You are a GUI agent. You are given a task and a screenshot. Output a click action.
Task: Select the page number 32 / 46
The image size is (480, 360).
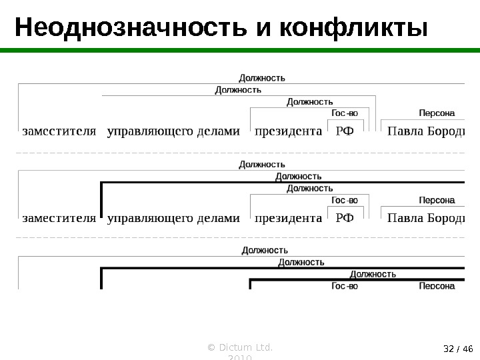click(457, 348)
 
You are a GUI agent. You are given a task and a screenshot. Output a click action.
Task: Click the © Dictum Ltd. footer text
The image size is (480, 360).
click(241, 348)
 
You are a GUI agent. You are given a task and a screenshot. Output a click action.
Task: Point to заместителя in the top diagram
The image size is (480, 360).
click(59, 131)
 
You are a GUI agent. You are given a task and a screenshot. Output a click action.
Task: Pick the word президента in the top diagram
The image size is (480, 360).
click(288, 131)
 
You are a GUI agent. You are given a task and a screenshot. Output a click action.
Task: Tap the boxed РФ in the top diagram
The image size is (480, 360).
click(345, 131)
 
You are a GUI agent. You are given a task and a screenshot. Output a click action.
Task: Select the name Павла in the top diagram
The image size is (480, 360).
click(404, 131)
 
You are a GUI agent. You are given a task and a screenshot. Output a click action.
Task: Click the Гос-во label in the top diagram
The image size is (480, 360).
click(345, 113)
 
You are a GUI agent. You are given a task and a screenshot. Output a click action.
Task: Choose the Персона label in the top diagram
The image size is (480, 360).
click(437, 113)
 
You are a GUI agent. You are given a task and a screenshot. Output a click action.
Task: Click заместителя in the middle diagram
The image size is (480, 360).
click(59, 217)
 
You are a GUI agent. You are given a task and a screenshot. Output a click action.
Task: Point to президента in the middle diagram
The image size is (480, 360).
click(288, 217)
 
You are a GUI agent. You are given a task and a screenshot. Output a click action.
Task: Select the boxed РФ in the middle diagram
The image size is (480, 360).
click(345, 217)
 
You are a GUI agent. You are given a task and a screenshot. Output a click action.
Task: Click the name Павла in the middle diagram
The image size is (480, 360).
click(404, 217)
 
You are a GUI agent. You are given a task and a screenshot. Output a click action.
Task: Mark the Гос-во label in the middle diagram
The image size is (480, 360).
click(345, 200)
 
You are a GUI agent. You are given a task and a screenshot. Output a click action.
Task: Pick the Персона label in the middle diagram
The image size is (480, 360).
click(437, 200)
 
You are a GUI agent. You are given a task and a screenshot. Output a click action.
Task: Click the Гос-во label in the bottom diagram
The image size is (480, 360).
click(345, 286)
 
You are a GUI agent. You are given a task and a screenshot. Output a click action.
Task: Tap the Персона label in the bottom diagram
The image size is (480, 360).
click(437, 286)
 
